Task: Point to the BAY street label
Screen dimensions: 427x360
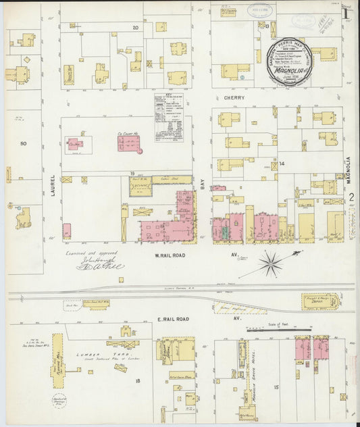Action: click(202, 181)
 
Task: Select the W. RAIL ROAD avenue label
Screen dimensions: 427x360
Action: click(170, 255)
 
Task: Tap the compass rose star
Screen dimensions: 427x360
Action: click(270, 263)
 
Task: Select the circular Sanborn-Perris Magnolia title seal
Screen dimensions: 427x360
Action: click(290, 61)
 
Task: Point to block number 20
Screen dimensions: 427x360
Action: click(135, 28)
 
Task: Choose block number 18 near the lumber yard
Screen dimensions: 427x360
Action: click(137, 381)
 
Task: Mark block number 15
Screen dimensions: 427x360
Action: click(276, 386)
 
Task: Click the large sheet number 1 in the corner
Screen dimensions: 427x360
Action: click(346, 12)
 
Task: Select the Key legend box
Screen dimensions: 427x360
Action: click(168, 117)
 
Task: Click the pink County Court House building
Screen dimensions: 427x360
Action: click(128, 143)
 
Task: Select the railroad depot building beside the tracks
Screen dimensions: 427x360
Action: click(321, 301)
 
